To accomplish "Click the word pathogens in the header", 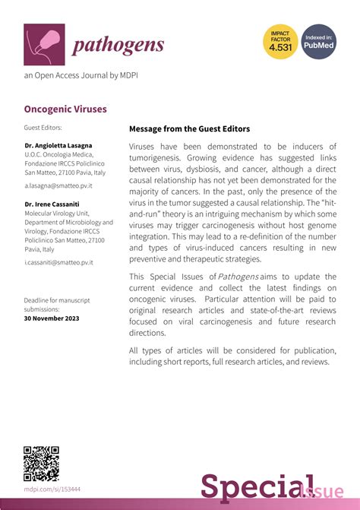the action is point(118,45).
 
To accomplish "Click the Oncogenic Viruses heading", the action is point(65,109).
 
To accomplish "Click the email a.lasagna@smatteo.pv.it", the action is point(58,185).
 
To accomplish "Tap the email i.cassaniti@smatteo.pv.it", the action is point(58,262).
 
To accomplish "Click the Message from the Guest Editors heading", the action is point(189,129).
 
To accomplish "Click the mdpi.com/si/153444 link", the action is point(52,489).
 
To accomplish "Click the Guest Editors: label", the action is point(43,128).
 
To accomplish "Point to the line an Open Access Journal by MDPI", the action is point(81,75).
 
